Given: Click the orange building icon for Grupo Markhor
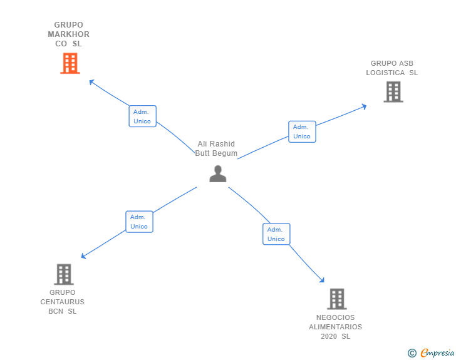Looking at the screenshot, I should click(x=70, y=63).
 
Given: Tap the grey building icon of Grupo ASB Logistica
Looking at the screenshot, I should click(x=393, y=92).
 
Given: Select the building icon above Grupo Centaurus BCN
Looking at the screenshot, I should click(x=63, y=274).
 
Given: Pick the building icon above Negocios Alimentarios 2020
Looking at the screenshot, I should click(x=336, y=299).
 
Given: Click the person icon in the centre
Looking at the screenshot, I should click(x=217, y=173).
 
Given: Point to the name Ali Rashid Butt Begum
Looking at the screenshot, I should click(x=216, y=149).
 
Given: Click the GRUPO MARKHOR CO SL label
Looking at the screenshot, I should click(x=69, y=34).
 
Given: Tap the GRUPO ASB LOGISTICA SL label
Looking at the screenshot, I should click(x=392, y=68).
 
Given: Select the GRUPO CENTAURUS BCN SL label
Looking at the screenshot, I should click(x=63, y=302).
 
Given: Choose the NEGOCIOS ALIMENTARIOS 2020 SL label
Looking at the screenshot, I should click(x=336, y=327).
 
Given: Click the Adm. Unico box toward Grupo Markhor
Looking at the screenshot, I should click(x=142, y=116).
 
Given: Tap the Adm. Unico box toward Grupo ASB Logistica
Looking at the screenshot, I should click(x=302, y=131).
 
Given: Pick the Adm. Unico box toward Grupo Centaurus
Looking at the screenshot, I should click(x=139, y=222).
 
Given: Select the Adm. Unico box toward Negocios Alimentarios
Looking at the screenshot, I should click(x=276, y=234).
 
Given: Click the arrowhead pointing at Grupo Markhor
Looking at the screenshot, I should click(x=91, y=81).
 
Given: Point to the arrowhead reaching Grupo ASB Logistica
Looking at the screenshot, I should click(x=364, y=106).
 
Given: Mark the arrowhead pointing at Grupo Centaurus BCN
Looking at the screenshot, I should click(x=83, y=256).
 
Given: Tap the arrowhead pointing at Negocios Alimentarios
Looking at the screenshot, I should click(x=323, y=281).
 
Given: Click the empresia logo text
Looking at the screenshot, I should click(x=437, y=353).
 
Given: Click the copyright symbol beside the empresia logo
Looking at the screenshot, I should click(x=412, y=354).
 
